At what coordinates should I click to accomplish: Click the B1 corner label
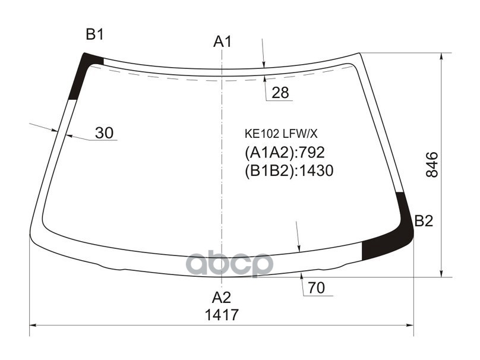coord(95,34)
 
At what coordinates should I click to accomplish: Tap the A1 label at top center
coord(222,42)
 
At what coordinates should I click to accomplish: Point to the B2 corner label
coord(424,222)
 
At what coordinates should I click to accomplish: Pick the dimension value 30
coord(105,133)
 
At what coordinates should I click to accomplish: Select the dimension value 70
coord(317,289)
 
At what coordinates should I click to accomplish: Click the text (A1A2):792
coord(285,153)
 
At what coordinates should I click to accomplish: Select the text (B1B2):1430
coord(289,171)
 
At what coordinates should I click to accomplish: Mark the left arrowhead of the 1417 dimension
coord(33,326)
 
